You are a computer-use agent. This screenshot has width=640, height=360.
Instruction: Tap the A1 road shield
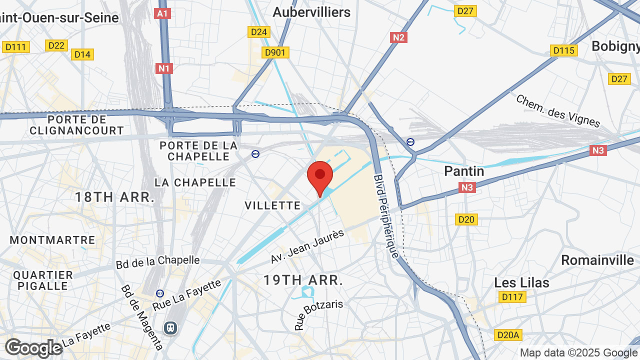pos(163,13)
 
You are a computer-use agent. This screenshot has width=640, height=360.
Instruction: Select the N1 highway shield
pos(164,68)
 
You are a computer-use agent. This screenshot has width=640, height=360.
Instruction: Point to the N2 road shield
pos(398,37)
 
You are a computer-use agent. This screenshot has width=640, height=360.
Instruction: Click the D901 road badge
pos(275,52)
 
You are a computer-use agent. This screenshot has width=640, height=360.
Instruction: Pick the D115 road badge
pos(564,50)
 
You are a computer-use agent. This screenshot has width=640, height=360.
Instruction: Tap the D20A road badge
pos(508,334)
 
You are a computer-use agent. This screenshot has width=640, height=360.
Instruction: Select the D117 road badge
pos(512,297)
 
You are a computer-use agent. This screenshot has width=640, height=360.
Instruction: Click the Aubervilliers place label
pos(311,12)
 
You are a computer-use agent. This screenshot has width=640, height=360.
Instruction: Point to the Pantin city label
pos(464,171)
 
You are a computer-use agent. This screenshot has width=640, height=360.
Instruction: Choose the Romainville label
pos(597,260)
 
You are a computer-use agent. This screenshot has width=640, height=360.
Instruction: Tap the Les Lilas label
pos(521,282)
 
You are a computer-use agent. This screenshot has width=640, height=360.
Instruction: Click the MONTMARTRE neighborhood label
pos(52,240)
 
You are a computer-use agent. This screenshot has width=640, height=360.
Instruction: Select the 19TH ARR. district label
pos(303,280)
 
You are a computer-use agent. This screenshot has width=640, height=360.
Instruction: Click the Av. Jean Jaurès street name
pos(307,246)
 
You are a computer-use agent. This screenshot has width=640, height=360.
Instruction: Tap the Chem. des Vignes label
pos(558,110)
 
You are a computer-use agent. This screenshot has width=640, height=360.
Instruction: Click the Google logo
pos(33,348)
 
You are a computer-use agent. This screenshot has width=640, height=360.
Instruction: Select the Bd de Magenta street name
pos(142,317)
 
